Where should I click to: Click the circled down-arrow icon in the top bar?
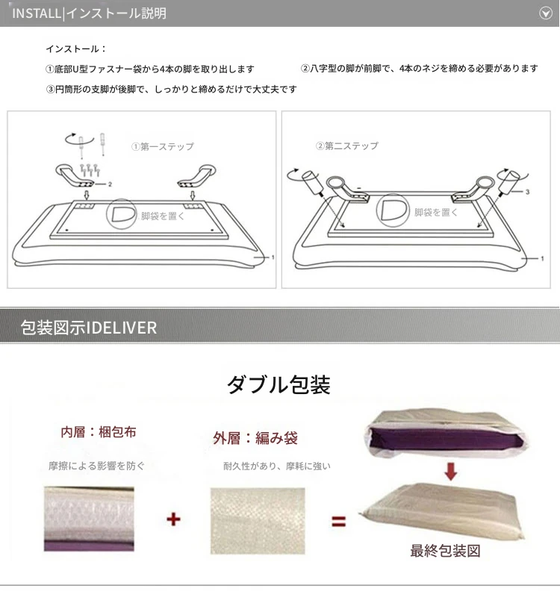point(546,13)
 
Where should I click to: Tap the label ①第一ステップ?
point(163,146)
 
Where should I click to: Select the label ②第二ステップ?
point(347,146)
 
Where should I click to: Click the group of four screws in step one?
point(90,169)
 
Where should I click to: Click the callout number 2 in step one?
point(110,184)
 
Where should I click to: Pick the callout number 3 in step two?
point(527,192)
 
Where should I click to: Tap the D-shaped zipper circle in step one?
point(122,213)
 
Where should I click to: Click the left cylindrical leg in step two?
point(312,183)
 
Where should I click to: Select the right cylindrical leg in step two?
point(510,182)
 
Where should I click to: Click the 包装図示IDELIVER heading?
point(89,328)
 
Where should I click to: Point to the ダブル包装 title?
point(279,385)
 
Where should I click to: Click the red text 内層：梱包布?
point(99,432)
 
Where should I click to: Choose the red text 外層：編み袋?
point(255,438)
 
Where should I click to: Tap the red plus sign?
point(174,519)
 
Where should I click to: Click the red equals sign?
point(339,522)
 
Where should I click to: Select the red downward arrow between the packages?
point(451,471)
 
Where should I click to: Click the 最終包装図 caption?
point(445,551)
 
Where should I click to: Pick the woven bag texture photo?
point(258,521)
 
